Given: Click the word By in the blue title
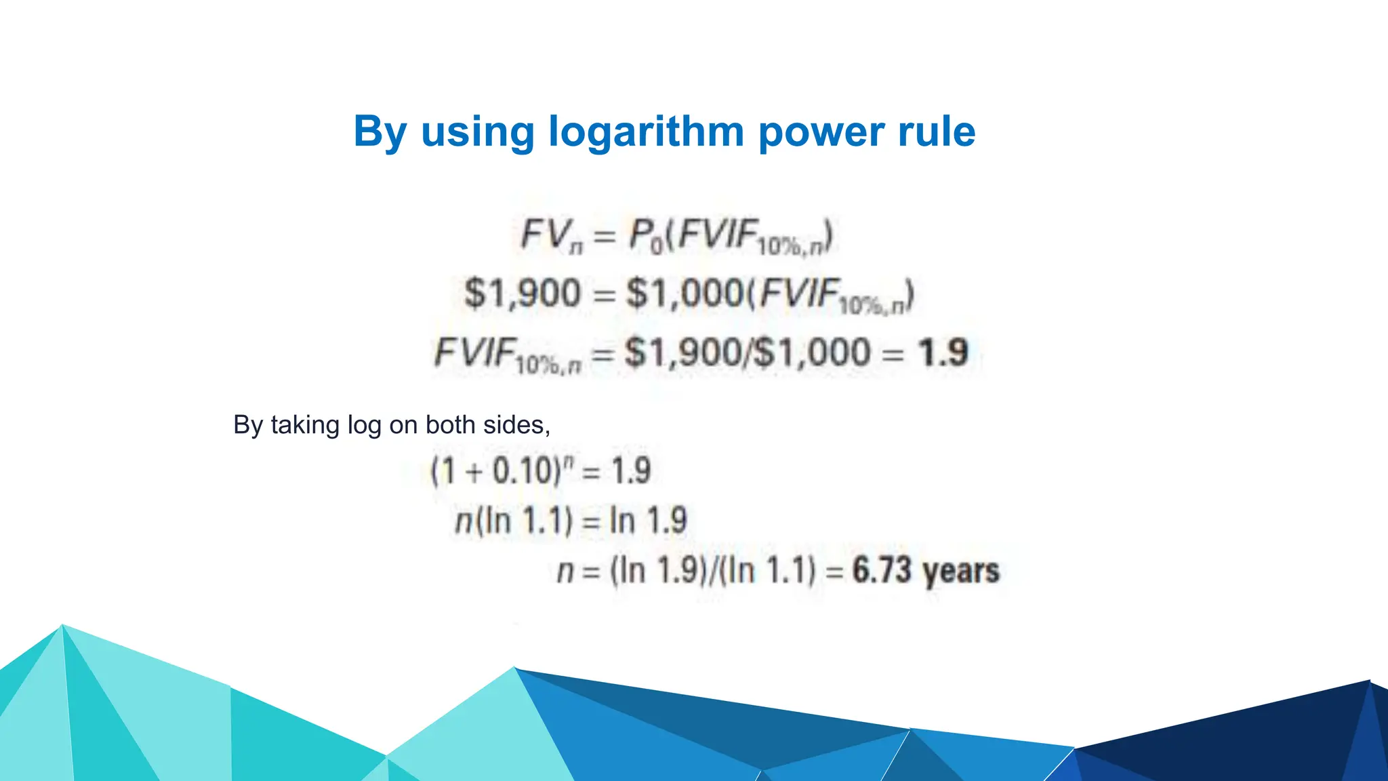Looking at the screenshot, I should coord(380,132).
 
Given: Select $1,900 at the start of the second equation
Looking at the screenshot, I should coord(523,294).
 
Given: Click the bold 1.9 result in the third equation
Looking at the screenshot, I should coord(943,353).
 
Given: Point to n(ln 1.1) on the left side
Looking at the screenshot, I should coord(514,521).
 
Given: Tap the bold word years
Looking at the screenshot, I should coord(961,572).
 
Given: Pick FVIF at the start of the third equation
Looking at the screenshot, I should coord(474,353).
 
